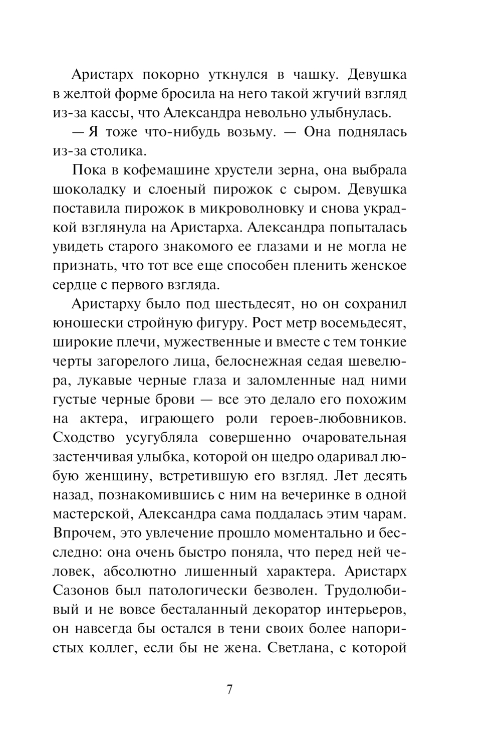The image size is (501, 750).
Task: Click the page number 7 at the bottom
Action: coord(229,689)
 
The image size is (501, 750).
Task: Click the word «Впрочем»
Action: coord(82,533)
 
